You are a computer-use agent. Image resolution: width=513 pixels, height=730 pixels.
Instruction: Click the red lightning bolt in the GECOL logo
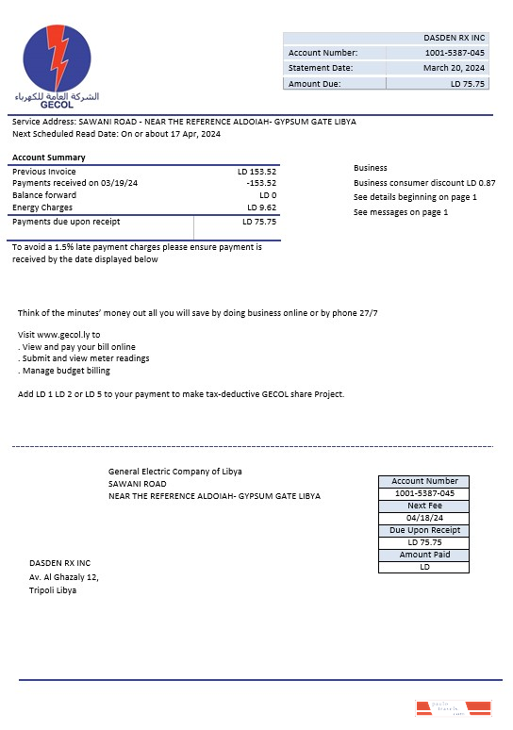pos(58,61)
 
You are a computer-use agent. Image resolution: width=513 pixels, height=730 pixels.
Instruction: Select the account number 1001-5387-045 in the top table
pos(455,53)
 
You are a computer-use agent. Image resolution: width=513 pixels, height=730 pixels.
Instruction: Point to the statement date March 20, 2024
pos(454,68)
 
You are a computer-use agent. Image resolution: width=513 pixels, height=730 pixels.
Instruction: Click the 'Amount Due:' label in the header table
pos(315,84)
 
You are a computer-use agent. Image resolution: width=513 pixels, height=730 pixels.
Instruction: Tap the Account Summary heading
pos(48,158)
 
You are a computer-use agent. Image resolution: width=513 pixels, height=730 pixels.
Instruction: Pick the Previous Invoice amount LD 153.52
pos(256,172)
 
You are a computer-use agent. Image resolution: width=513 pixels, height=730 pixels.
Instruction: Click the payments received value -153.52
pos(260,183)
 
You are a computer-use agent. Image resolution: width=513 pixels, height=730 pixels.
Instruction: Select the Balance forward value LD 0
pos(267,195)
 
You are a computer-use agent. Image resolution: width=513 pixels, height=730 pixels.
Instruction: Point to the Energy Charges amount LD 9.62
pos(261,207)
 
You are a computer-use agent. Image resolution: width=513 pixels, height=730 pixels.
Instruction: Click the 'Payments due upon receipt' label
pos(66,222)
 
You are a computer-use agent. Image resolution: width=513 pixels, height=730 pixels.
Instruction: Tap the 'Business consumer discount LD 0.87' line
pos(424,182)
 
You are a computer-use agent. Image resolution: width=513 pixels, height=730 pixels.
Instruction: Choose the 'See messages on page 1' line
pos(401,212)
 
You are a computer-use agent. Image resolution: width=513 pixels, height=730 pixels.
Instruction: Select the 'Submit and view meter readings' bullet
pos(85,358)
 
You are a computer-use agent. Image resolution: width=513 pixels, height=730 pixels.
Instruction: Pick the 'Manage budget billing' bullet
pos(67,370)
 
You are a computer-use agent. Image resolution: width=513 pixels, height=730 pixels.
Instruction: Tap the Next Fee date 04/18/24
pos(423,518)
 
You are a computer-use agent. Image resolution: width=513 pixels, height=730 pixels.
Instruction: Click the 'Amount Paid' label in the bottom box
pos(423,555)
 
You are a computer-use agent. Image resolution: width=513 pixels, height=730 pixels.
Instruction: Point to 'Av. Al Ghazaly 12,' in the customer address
pos(64,577)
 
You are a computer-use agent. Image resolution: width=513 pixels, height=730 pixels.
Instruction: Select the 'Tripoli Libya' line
pos(54,590)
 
